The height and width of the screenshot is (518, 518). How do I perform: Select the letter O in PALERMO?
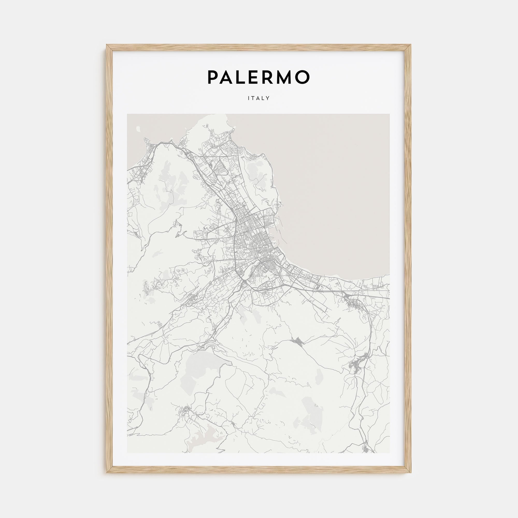(x=303, y=77)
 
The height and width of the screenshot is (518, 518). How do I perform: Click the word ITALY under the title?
(x=259, y=98)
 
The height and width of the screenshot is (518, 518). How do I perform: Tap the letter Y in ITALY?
(x=268, y=98)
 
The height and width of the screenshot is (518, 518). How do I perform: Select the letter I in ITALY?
(x=249, y=98)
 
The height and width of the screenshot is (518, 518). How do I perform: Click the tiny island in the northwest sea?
(x=138, y=129)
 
